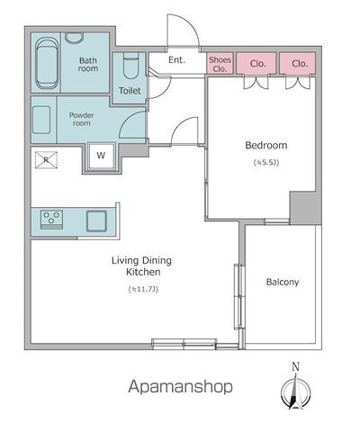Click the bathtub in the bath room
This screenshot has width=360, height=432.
(47, 63)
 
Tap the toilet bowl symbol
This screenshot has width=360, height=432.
(130, 66)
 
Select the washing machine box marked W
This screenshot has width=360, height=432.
(101, 156)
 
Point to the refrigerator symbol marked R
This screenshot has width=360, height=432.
(46, 160)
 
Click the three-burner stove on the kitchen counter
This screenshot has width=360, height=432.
(51, 220)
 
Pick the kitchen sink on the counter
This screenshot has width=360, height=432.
(96, 221)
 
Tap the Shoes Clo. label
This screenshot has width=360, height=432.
(220, 64)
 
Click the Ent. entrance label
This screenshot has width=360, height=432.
(176, 60)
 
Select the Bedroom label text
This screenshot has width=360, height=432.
(266, 145)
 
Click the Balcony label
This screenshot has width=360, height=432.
(283, 282)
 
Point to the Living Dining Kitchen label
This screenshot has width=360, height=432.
(141, 266)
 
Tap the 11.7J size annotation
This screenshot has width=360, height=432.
(143, 290)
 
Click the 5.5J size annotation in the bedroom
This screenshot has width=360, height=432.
(266, 163)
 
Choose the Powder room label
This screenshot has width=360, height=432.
(81, 119)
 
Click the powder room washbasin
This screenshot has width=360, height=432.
(41, 120)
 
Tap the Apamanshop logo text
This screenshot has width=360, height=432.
(181, 387)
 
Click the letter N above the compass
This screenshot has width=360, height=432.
(296, 366)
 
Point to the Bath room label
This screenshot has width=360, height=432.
(88, 65)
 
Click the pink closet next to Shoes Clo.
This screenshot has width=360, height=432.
(256, 63)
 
